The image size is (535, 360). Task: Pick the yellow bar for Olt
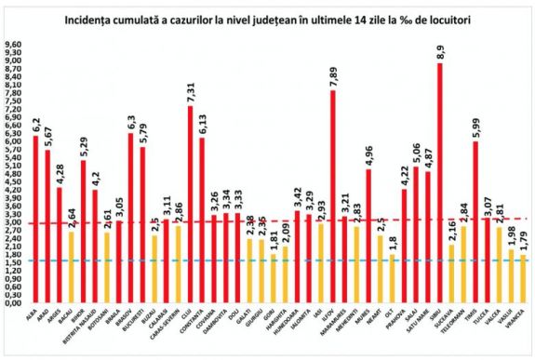point(393,279)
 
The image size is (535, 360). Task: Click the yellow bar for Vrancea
point(524,279)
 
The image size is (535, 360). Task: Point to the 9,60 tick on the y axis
point(12,44)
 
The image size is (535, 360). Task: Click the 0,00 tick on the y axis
point(12,303)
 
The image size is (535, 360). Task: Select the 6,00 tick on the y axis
point(12,141)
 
